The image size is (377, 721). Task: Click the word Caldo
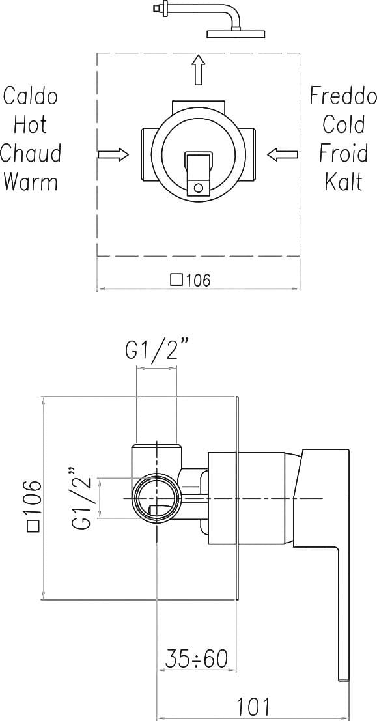(x=31, y=96)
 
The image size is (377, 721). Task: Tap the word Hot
(x=31, y=124)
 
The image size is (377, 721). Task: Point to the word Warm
(x=31, y=181)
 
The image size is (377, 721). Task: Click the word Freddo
(x=343, y=96)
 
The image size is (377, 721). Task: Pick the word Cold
(x=344, y=124)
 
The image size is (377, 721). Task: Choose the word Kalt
(x=344, y=181)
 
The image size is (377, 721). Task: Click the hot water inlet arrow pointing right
(x=113, y=154)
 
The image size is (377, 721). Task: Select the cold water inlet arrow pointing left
(x=283, y=154)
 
